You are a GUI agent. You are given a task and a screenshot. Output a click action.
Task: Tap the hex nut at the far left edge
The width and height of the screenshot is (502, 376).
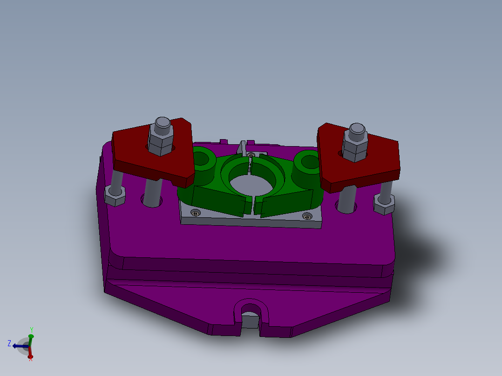(x=115, y=195)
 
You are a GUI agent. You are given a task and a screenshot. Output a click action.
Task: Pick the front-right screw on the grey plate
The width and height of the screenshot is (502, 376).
(x=307, y=217)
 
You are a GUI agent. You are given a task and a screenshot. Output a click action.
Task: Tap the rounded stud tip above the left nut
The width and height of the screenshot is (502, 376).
(x=162, y=123)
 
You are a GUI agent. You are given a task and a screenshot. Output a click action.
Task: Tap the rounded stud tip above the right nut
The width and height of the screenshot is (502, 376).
(x=357, y=129)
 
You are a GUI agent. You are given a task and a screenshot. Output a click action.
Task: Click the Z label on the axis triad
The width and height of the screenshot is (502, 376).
(x=9, y=343)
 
